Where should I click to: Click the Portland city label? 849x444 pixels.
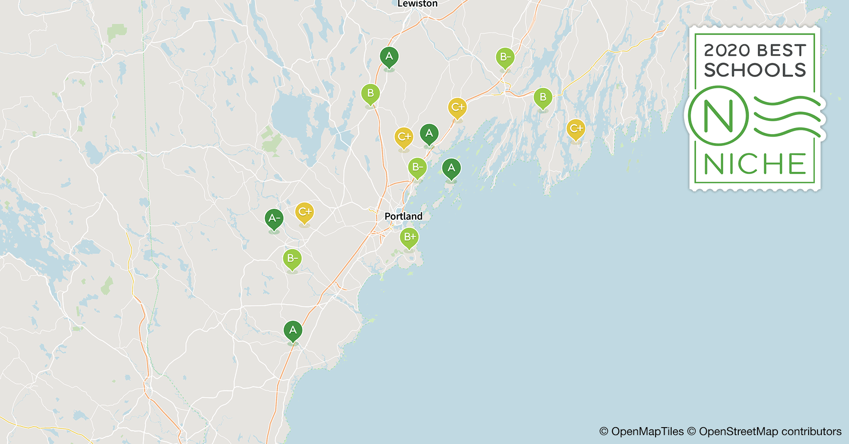tap(403, 216)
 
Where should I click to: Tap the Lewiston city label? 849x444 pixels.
tap(417, 4)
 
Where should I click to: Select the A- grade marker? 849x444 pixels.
tap(274, 218)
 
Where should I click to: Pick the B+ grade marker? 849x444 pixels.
tap(409, 238)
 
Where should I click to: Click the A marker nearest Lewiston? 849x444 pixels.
tap(389, 57)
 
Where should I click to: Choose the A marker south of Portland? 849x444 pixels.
tap(292, 330)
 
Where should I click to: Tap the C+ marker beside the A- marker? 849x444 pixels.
tap(304, 212)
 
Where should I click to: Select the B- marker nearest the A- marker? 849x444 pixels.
tap(292, 259)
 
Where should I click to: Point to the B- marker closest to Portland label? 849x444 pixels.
tap(417, 168)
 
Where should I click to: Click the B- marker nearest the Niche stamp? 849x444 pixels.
tap(505, 57)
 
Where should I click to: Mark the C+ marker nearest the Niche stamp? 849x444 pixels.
tap(576, 129)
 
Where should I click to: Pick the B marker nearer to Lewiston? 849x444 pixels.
tap(370, 94)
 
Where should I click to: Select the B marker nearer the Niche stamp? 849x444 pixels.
tap(543, 98)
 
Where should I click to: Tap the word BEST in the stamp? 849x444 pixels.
tap(781, 50)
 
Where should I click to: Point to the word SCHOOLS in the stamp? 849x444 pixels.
tap(755, 70)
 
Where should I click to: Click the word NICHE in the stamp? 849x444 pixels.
tap(755, 164)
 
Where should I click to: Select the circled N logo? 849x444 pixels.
tap(718, 116)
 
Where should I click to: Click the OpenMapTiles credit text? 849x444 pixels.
tap(641, 432)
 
